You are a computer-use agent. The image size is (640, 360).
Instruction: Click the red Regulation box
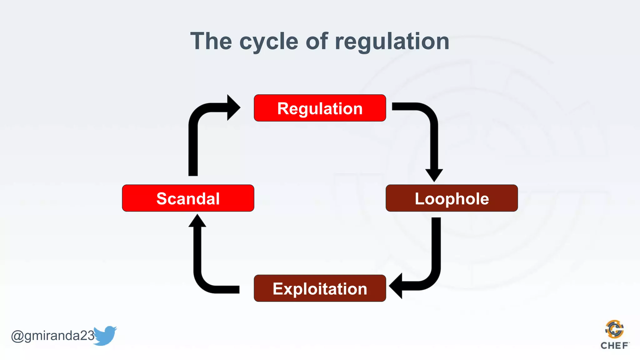(x=320, y=108)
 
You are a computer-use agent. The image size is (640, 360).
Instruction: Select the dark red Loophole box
(x=452, y=198)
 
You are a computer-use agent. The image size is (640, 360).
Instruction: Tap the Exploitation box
(x=320, y=288)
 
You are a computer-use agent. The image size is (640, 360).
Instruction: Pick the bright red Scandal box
(x=188, y=198)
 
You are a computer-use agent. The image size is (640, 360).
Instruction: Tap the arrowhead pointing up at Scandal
(x=197, y=221)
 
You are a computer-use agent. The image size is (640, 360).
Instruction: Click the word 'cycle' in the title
(x=269, y=42)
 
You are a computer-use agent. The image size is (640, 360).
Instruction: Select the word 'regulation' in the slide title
(x=392, y=42)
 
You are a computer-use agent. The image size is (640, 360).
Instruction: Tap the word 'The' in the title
(x=211, y=41)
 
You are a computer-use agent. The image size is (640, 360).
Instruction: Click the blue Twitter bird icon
(x=105, y=336)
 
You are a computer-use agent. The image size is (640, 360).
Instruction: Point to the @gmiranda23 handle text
(x=52, y=336)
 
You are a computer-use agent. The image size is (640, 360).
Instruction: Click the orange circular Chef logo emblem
(x=614, y=329)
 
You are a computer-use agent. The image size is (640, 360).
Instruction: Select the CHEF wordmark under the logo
(x=614, y=346)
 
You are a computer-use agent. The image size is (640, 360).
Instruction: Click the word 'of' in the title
(x=317, y=41)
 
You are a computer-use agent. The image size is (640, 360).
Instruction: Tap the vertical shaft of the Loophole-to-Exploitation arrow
(x=436, y=244)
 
